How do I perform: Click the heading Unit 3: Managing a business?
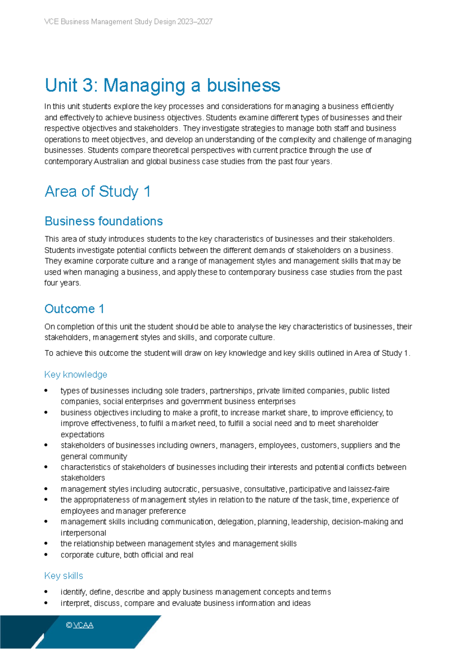[x=162, y=86]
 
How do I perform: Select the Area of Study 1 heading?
[x=97, y=192]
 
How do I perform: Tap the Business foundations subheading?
[x=103, y=221]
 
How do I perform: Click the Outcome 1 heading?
[x=74, y=309]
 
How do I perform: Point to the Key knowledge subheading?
[x=76, y=375]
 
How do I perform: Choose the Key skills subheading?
[x=64, y=576]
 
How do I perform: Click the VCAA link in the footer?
[x=83, y=625]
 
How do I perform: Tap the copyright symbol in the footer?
[x=69, y=625]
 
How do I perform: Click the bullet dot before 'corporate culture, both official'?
[x=46, y=555]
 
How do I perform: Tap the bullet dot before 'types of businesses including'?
[x=46, y=390]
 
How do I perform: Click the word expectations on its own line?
[x=83, y=434]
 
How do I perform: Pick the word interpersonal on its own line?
[x=83, y=533]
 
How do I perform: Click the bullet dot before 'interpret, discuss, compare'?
[x=46, y=603]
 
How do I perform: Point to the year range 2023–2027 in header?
[x=195, y=22]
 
